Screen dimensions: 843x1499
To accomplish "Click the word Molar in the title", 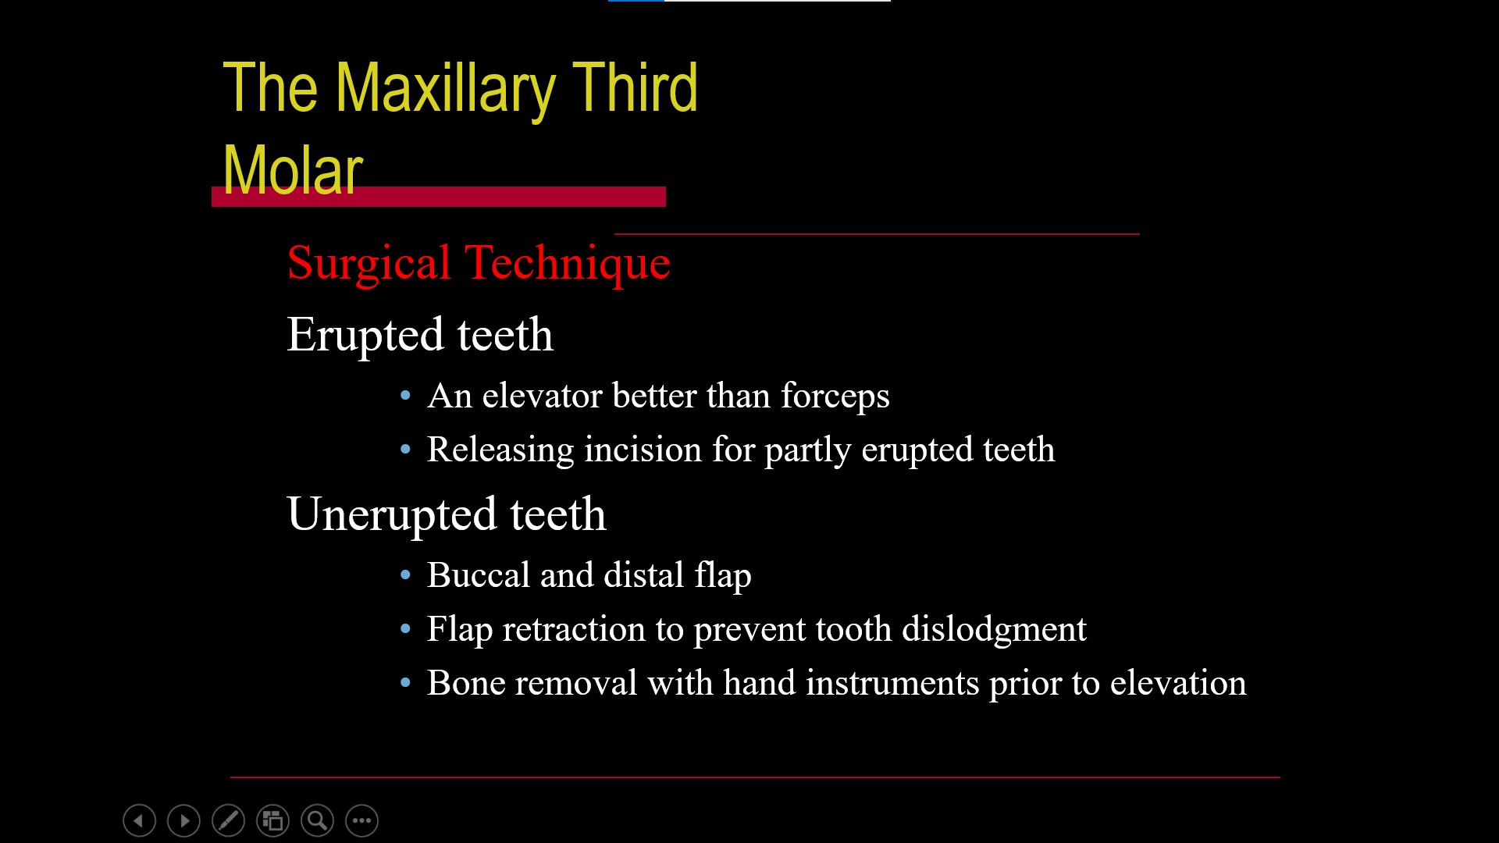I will (293, 170).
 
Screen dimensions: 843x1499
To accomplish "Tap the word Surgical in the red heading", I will (369, 263).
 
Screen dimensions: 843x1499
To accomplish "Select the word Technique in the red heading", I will (568, 263).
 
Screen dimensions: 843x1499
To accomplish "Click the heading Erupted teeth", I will (420, 336).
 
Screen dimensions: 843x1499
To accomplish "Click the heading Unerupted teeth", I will (447, 515).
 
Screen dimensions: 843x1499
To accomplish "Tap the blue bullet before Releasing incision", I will (405, 450).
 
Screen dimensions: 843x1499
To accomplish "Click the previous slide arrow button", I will (140, 820).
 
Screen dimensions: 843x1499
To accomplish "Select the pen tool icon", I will (229, 820).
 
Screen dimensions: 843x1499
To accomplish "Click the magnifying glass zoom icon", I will (318, 820).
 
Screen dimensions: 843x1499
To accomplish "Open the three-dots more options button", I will (362, 820).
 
